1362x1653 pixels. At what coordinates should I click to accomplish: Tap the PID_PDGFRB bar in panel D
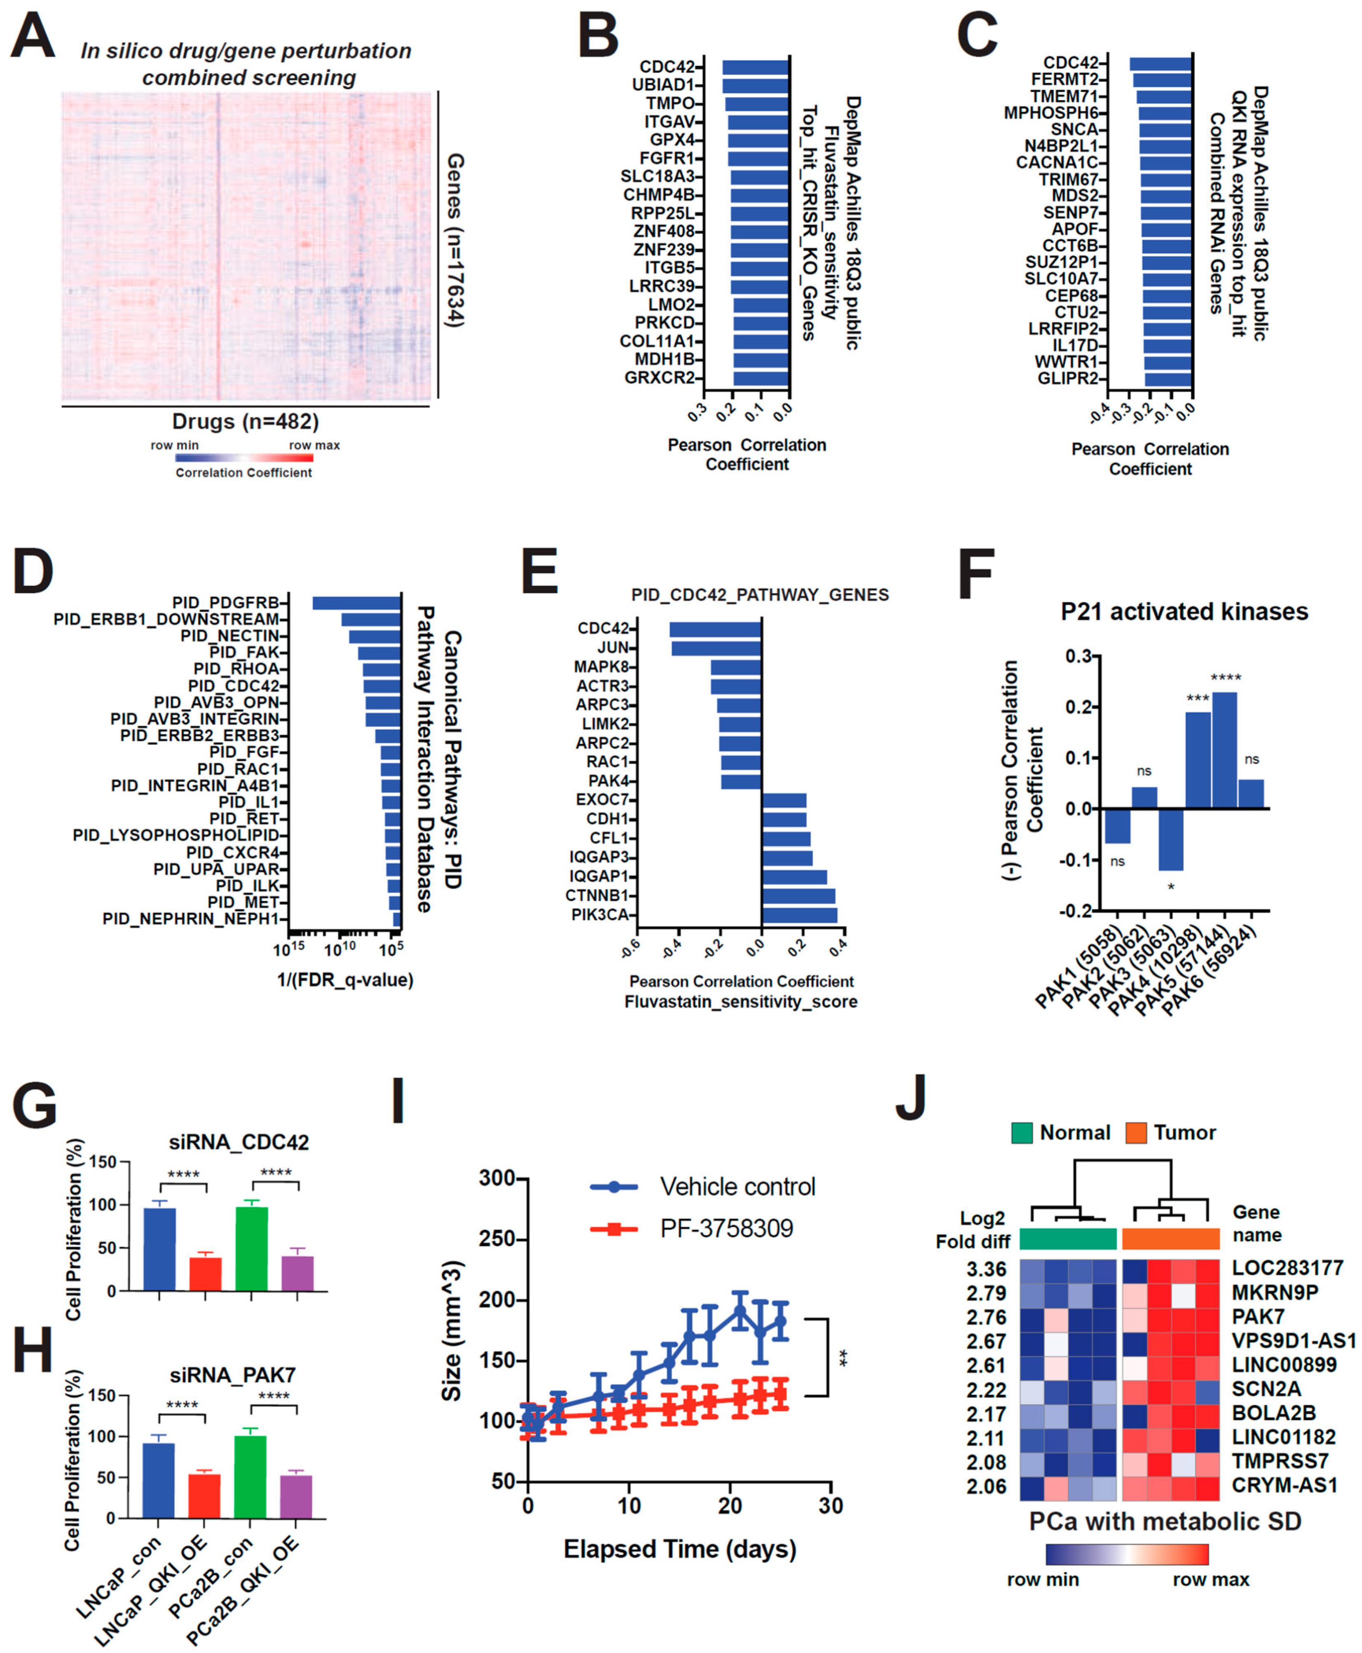[356, 603]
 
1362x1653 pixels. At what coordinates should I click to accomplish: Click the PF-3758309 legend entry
[726, 1228]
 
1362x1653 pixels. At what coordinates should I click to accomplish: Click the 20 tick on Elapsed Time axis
[730, 1506]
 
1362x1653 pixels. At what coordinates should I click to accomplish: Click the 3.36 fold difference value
[986, 1269]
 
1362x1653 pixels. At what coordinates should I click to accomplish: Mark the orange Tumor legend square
[1135, 1133]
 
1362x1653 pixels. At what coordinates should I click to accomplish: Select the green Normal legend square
[1022, 1133]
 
